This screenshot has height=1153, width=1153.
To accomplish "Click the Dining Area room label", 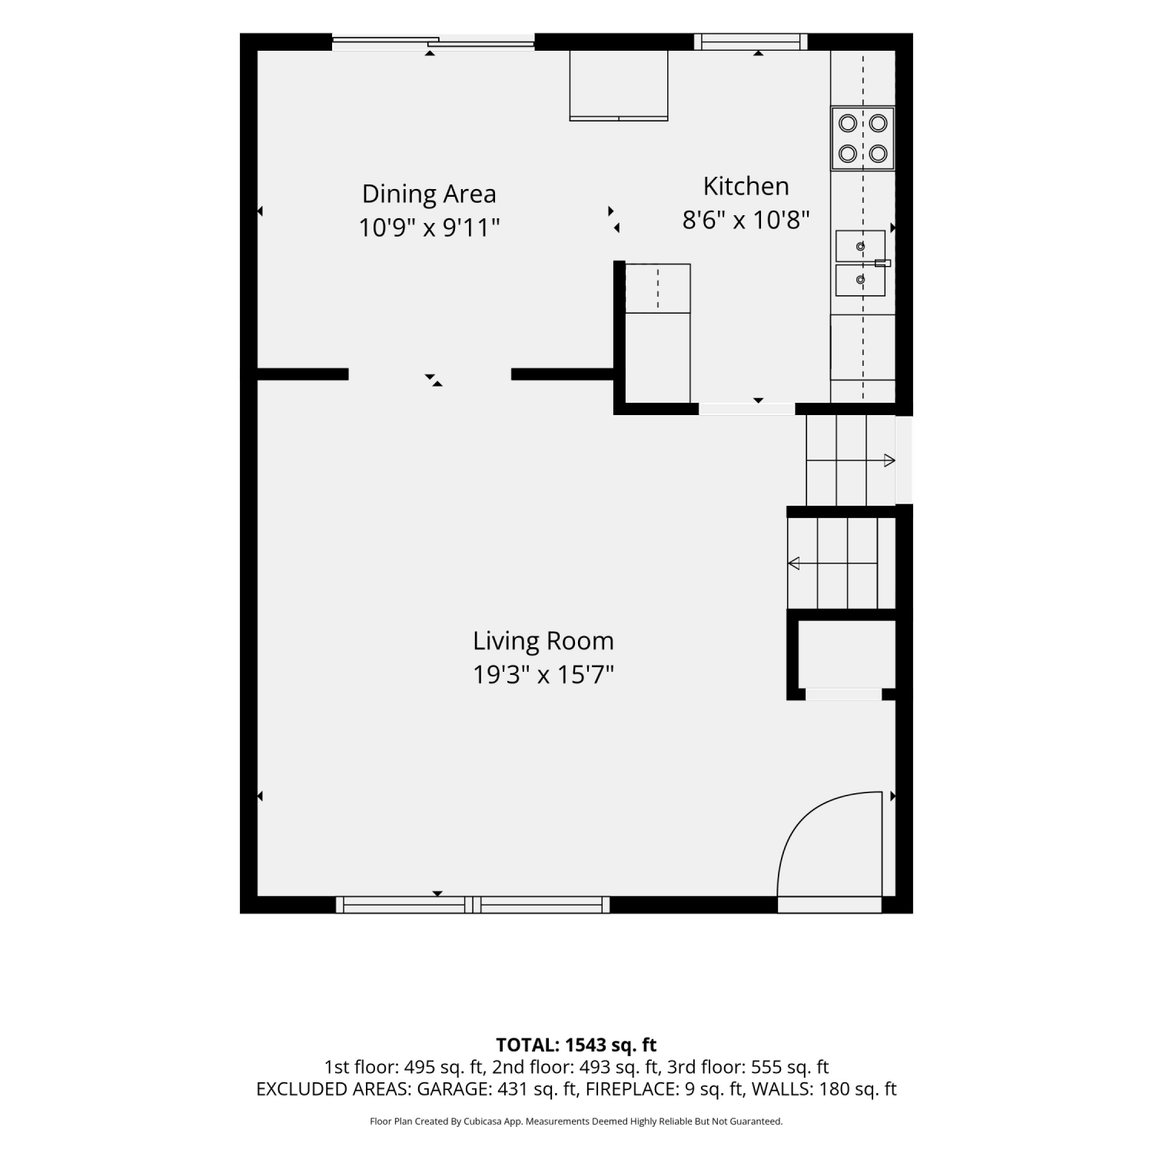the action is (x=429, y=194).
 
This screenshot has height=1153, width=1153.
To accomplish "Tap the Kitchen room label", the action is (x=746, y=186).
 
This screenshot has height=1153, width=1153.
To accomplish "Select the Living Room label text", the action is (x=543, y=641).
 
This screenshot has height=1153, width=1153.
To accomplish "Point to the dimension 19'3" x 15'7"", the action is (x=543, y=675).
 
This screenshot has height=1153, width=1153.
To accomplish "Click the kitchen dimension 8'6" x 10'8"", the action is (x=746, y=221).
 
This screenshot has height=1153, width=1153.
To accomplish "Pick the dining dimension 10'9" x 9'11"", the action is (x=429, y=228).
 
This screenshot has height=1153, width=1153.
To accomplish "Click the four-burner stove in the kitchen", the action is (x=862, y=138).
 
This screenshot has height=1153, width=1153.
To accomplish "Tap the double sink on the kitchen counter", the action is (x=861, y=263).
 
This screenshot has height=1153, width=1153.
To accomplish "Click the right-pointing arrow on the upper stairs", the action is (x=851, y=461).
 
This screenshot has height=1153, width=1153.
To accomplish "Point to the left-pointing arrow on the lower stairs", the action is (x=832, y=563).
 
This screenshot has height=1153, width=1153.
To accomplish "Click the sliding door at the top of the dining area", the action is (x=433, y=43).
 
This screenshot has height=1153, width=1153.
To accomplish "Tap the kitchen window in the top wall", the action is (x=751, y=42).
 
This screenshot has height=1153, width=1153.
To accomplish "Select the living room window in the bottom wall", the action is (x=473, y=905).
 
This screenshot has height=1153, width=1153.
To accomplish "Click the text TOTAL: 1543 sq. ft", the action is (x=576, y=1045).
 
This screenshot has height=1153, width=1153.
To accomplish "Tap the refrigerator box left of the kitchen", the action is (x=658, y=333).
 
